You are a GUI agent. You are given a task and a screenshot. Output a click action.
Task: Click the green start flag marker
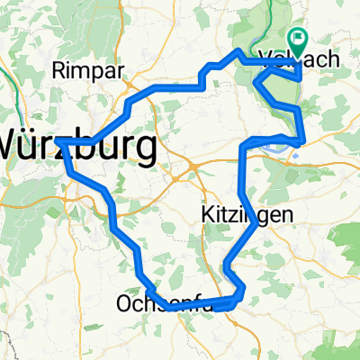pos(297,41)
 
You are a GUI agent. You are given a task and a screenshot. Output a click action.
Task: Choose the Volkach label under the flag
pos(298,58)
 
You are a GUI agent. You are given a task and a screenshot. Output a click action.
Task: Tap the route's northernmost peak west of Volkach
pos(238,51)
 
